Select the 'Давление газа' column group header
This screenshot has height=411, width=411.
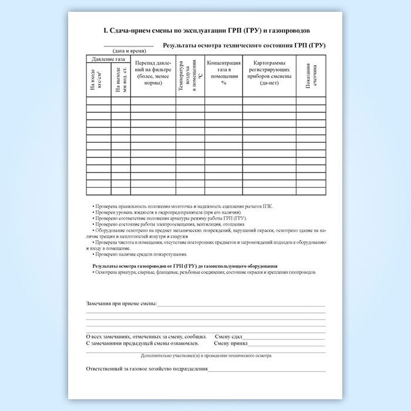point(109,59)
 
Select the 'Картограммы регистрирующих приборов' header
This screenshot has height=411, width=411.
point(271,73)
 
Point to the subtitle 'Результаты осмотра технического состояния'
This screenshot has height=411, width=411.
point(244,45)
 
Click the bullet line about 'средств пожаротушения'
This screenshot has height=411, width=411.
point(140,254)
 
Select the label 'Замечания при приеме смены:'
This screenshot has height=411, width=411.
point(122,303)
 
